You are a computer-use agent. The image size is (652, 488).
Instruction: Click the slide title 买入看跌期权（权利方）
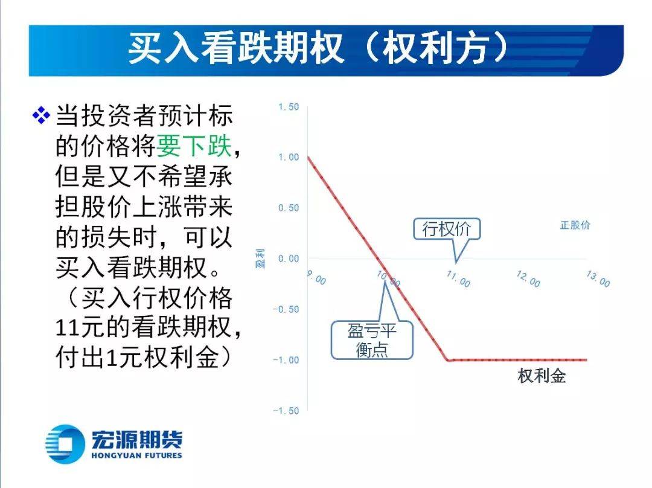point(318,49)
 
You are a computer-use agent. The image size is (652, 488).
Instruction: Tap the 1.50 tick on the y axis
point(289,107)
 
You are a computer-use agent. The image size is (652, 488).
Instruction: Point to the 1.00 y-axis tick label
point(289,157)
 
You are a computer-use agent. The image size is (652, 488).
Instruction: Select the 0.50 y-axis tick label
point(289,208)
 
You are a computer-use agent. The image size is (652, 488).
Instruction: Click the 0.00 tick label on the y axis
point(289,258)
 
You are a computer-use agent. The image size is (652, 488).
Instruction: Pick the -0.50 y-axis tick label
point(286,309)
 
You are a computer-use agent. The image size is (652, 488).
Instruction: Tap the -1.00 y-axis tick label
point(286,361)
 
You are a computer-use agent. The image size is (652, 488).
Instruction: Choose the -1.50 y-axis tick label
point(286,411)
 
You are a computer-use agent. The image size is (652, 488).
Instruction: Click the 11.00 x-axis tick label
point(458,279)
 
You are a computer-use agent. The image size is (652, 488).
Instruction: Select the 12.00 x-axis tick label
point(528,279)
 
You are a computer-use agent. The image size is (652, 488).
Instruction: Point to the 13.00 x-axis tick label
point(598,279)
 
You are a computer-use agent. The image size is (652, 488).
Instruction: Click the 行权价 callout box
point(447,229)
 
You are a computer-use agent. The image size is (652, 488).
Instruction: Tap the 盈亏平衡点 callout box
point(372,340)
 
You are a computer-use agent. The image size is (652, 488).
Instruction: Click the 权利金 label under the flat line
point(542,376)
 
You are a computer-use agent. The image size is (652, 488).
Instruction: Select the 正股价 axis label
point(575,225)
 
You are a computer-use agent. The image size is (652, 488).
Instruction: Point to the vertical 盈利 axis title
point(260,258)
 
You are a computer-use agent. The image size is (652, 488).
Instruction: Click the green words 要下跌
point(194,146)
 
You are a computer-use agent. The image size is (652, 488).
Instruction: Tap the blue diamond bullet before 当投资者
point(41,115)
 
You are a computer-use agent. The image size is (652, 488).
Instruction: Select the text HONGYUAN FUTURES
point(136,455)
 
